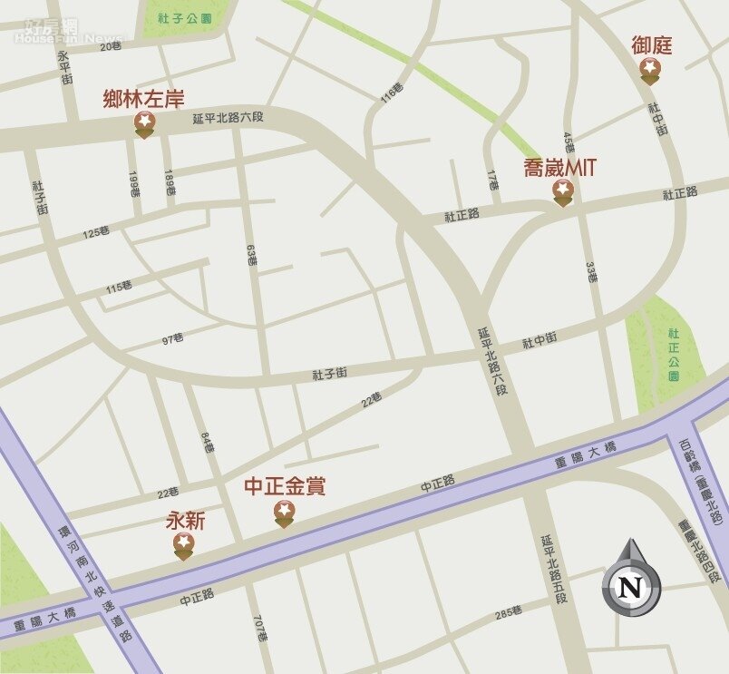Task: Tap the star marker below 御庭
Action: [650, 69]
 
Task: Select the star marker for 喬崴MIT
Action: [563, 190]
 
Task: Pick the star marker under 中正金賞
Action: [284, 513]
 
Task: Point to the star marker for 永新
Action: [183, 544]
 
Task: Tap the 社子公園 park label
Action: [183, 17]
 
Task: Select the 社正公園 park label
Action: [674, 354]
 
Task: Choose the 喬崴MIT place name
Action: [560, 167]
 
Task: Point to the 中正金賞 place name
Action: [285, 487]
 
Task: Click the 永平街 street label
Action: [64, 67]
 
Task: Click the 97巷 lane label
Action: [173, 339]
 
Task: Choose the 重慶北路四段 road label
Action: [701, 550]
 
